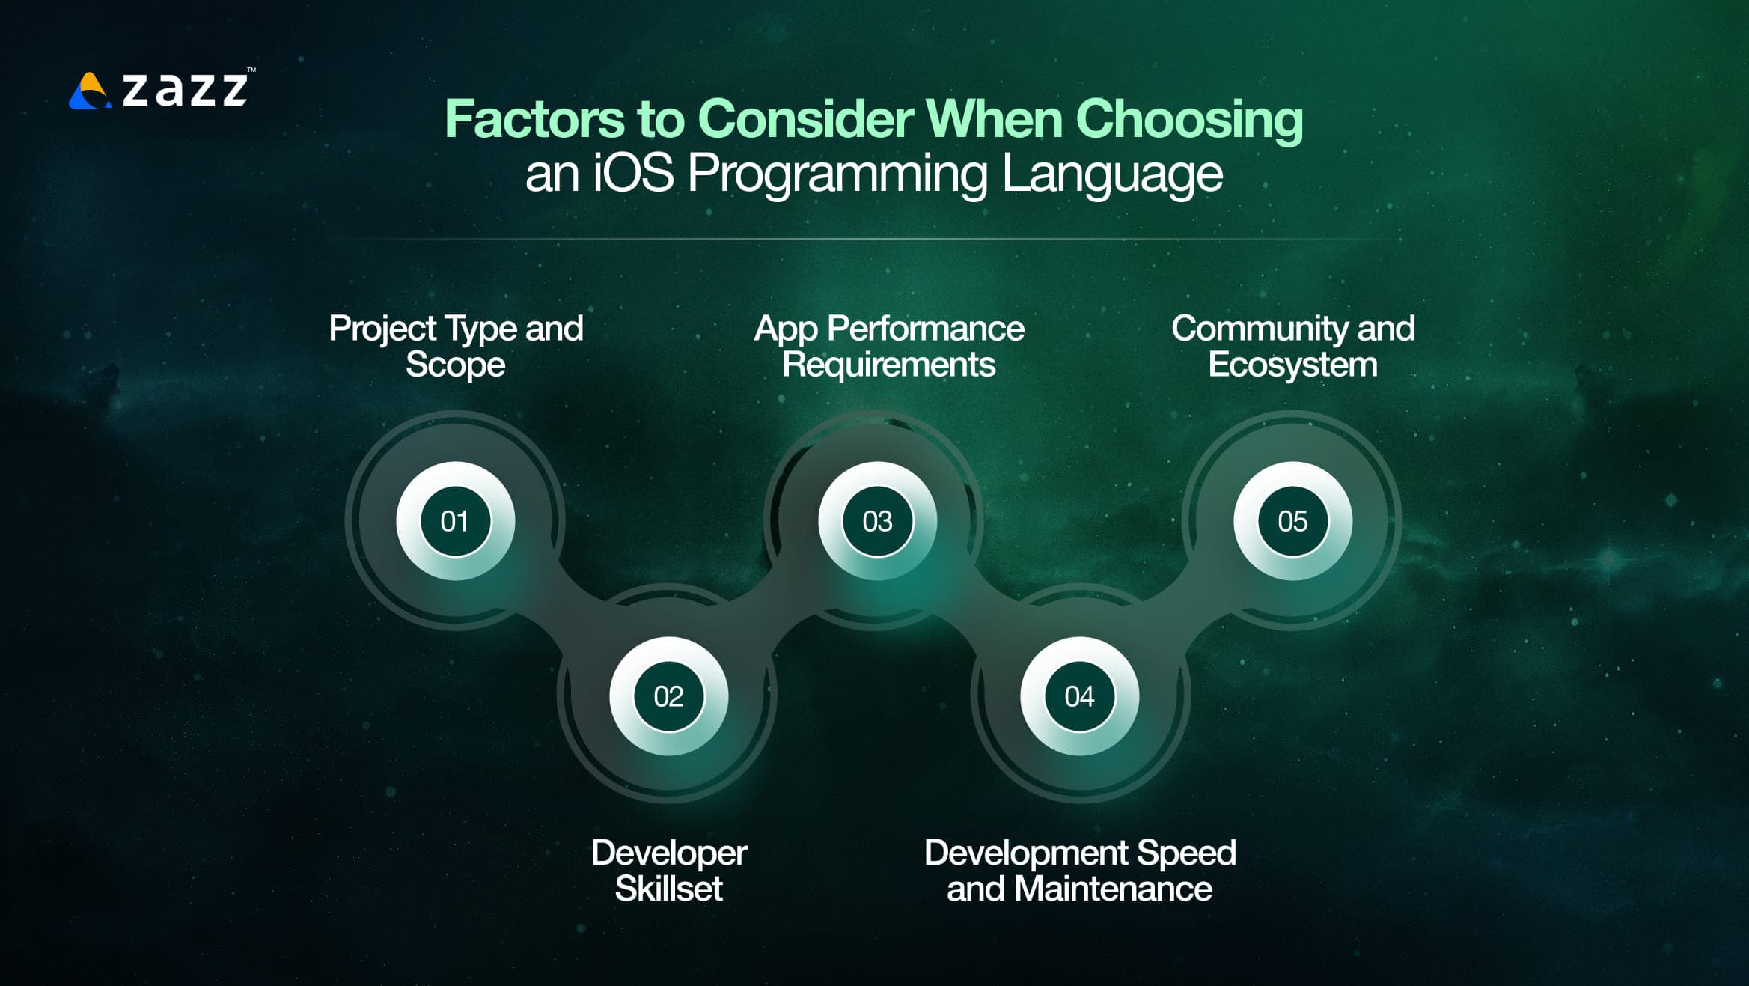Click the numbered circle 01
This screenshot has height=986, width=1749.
(x=455, y=521)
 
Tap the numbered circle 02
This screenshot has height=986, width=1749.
(x=668, y=696)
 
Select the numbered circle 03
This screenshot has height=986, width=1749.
(x=877, y=521)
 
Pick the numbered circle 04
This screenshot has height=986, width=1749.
(x=1079, y=696)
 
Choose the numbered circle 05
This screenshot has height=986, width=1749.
(x=1292, y=521)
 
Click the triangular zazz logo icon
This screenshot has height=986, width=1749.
(x=90, y=91)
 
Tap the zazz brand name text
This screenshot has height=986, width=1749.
(x=185, y=89)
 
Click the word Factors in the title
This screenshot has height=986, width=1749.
(x=534, y=119)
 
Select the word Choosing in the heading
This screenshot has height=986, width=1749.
(x=1189, y=119)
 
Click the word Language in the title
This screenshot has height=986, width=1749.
(x=1112, y=174)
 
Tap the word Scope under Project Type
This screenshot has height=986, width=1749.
(x=455, y=365)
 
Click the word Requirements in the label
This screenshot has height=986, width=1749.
(x=888, y=365)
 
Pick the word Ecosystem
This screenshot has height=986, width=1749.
(x=1292, y=365)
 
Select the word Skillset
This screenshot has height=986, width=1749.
(x=668, y=889)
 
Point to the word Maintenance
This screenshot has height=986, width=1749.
(x=1113, y=889)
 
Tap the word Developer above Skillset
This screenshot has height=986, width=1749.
(x=669, y=853)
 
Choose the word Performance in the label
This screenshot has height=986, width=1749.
(x=926, y=329)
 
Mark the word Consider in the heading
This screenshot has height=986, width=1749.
(x=805, y=119)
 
